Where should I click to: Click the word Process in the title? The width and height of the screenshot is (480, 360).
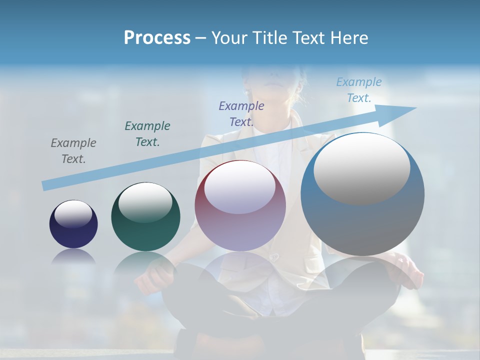[157, 38]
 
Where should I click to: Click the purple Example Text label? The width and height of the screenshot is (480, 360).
[241, 113]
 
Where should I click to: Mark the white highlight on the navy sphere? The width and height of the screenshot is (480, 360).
[73, 214]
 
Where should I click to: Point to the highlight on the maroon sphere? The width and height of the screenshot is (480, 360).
[240, 187]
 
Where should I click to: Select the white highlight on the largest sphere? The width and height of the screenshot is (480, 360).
[361, 167]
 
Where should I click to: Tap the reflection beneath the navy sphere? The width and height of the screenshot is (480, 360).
[73, 257]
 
